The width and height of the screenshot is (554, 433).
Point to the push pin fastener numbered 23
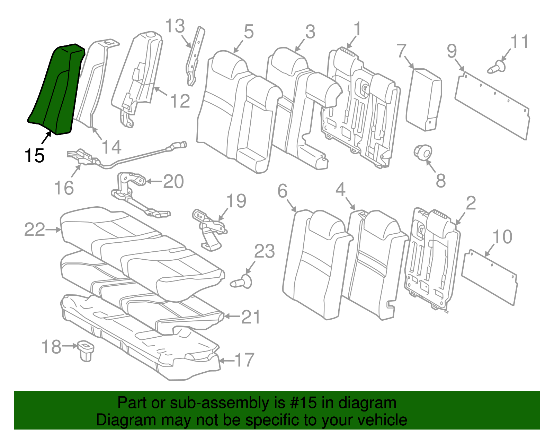(242, 282)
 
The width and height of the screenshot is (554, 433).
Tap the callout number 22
(35, 230)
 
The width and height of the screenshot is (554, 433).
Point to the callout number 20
(173, 181)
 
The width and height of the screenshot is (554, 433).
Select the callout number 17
(244, 360)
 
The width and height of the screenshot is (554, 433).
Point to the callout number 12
(180, 101)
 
